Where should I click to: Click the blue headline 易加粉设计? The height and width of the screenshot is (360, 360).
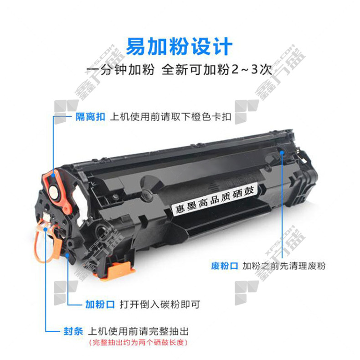click(179, 46)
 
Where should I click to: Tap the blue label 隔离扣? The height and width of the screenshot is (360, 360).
click(91, 117)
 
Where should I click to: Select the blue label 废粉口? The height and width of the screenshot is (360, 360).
click(225, 266)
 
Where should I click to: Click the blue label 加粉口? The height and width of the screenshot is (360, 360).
click(100, 304)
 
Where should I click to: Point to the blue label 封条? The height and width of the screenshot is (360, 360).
click(73, 331)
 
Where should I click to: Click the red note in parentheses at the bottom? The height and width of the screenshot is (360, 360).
click(138, 343)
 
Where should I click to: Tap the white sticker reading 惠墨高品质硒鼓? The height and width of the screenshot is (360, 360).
click(215, 199)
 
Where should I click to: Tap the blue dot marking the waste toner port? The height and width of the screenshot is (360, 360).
click(282, 152)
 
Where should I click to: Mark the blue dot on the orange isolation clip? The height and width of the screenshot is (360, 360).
click(54, 175)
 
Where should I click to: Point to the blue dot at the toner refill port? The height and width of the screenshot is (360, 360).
click(67, 255)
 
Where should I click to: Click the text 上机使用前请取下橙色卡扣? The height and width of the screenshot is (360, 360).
click(170, 117)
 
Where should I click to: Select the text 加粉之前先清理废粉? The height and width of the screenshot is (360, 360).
click(284, 266)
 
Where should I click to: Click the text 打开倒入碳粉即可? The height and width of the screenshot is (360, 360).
click(160, 304)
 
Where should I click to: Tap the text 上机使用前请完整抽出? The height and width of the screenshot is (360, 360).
click(138, 331)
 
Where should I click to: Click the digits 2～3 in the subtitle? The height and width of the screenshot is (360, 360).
click(245, 69)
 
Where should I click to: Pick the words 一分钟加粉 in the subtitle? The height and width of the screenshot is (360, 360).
click(120, 69)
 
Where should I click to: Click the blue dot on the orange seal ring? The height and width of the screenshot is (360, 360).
click(46, 229)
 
